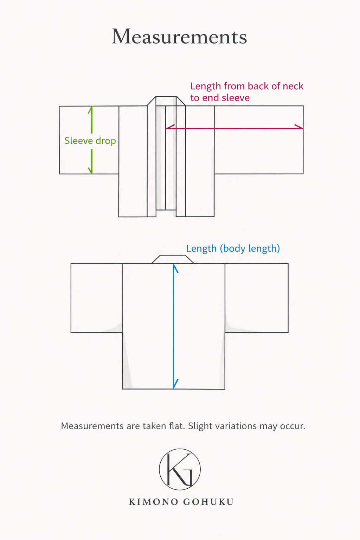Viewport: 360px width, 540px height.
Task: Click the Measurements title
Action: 179,37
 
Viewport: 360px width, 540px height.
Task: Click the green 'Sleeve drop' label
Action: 90,141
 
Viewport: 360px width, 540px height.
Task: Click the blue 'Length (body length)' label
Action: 233,249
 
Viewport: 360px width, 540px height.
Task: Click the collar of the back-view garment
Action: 173,259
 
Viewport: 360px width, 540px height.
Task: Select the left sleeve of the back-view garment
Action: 96,298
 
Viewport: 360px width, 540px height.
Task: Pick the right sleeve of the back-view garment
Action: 257,298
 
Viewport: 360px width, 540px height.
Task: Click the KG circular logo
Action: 180,469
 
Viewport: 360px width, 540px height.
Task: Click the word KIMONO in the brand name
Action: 153,502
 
